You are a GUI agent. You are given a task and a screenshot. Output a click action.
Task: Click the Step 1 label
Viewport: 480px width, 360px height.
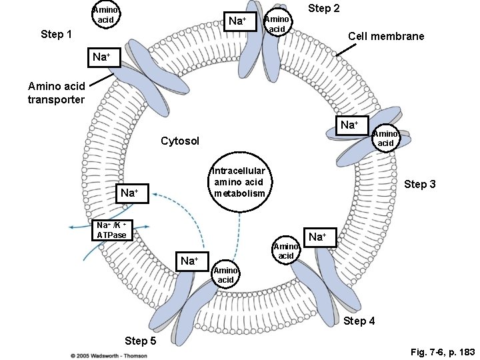(x=57, y=34)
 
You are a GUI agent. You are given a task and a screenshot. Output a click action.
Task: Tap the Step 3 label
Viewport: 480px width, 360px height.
(x=419, y=184)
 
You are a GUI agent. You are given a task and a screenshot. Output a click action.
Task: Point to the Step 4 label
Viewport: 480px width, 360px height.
(x=359, y=321)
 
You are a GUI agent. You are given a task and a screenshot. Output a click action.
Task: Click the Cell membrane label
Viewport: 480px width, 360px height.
(x=386, y=36)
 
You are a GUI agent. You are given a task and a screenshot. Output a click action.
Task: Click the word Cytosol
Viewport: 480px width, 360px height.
(x=180, y=141)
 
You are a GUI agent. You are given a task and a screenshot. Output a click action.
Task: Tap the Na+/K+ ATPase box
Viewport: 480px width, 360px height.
(x=111, y=229)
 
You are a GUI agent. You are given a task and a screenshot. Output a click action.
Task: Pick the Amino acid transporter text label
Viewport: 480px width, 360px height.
(x=56, y=93)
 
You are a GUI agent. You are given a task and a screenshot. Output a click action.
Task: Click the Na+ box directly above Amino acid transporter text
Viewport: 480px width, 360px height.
(x=101, y=57)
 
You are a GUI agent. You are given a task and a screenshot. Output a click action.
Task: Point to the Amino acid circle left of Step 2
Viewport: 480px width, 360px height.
(x=277, y=25)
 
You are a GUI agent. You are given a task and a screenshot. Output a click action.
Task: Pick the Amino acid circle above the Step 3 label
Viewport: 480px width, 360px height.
(x=385, y=139)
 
